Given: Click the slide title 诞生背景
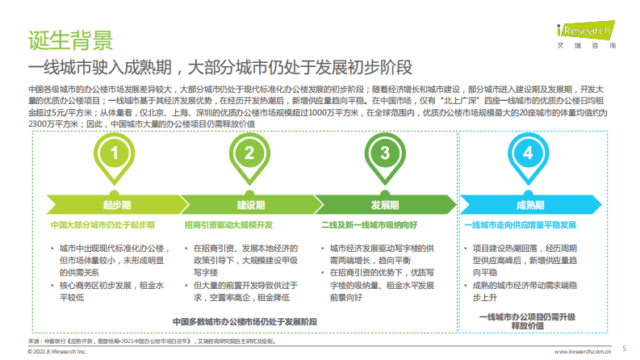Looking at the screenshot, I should click(70, 37).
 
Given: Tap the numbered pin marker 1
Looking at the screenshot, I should click(115, 153).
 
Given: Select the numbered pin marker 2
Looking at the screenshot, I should click(249, 153).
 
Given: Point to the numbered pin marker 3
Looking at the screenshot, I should click(385, 153).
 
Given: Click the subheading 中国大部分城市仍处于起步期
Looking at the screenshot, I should click(102, 224).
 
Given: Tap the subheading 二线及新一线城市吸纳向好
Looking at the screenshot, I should click(368, 224).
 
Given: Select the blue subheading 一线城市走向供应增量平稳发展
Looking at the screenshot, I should click(521, 224).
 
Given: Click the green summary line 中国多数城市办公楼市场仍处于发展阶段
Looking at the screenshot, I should click(245, 321).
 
